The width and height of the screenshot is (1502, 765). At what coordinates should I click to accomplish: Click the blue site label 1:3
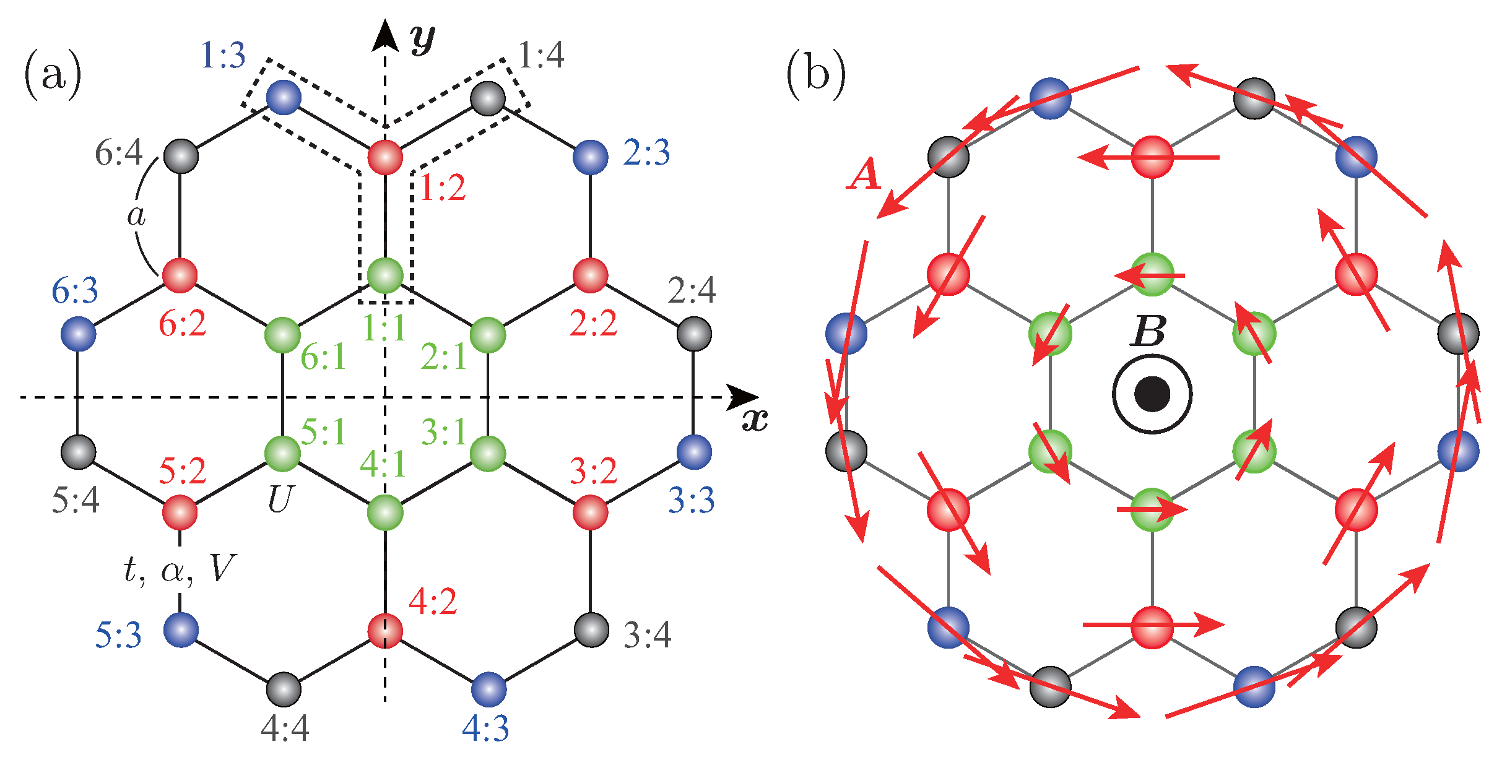point(223,56)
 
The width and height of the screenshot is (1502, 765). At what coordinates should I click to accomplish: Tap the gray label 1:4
point(541,56)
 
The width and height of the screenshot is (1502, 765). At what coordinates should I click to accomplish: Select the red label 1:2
point(442,188)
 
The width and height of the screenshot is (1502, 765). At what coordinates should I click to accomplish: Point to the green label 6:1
point(323,357)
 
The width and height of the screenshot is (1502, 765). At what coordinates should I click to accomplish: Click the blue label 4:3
point(485,728)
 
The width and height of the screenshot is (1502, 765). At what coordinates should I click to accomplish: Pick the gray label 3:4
point(647,635)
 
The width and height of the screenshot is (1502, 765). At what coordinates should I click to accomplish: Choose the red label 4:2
point(433,602)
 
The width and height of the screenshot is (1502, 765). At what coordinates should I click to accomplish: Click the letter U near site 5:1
point(280,499)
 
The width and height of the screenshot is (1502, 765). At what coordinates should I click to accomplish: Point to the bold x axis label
point(755,420)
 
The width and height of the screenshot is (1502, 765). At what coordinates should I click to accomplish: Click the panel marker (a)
point(53,76)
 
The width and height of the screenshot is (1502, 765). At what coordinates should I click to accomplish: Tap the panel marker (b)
point(815,76)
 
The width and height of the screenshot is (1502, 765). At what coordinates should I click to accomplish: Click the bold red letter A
point(864,175)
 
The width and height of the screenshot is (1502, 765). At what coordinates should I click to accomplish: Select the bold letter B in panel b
point(1148,331)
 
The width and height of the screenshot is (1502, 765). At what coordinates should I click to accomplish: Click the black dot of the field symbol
point(1152,394)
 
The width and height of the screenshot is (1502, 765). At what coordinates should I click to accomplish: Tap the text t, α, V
point(180,569)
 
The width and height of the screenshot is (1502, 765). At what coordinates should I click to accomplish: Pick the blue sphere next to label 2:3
point(590,157)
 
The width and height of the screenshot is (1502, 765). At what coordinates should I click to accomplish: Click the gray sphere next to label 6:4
point(181,156)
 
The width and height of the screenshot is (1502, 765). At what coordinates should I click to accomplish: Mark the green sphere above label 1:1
point(385,275)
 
